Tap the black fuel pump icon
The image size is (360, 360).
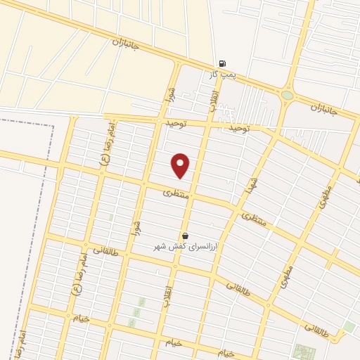tap(222, 63)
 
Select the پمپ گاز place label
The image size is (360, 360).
tap(222, 73)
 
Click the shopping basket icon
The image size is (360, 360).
tap(185, 236)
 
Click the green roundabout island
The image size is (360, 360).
tap(287, 95)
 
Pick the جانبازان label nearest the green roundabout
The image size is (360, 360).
tap(326, 110)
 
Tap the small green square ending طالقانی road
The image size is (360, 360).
tap(349, 327)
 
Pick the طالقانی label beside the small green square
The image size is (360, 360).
tap(317, 328)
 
